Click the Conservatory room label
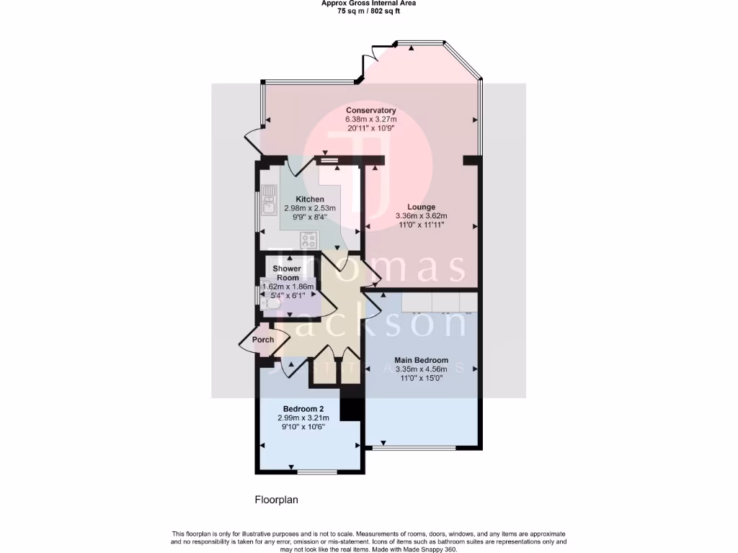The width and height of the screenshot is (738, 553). click(370, 110)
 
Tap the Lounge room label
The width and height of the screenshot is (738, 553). click(421, 207)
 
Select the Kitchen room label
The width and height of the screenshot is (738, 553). click(310, 199)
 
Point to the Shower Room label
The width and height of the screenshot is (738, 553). click(286, 273)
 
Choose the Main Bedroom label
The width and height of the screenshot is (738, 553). click(421, 360)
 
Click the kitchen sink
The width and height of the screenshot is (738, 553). click(269, 201)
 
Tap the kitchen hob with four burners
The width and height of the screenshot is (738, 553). click(309, 240)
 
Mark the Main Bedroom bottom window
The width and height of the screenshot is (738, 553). click(414, 449)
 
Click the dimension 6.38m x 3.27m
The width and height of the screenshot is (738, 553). click(370, 119)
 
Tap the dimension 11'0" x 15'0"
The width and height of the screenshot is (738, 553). click(421, 377)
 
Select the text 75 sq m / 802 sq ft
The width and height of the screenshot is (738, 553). click(368, 11)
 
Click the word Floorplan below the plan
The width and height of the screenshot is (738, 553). click(276, 499)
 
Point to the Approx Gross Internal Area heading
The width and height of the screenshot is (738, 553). click(368, 3)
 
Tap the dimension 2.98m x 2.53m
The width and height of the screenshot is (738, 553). click(310, 208)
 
